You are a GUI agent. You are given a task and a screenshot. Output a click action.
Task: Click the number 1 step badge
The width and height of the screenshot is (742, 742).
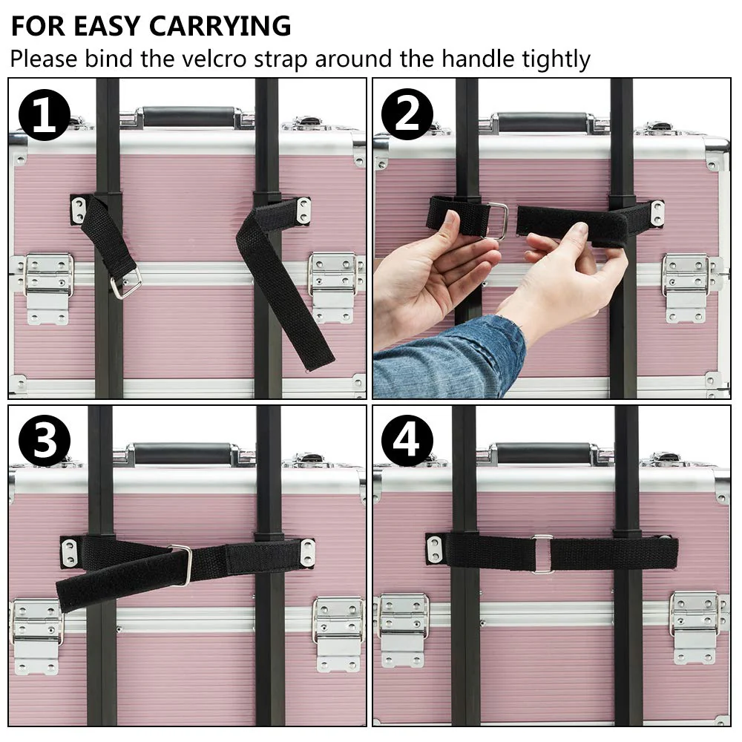pyautogui.click(x=45, y=116)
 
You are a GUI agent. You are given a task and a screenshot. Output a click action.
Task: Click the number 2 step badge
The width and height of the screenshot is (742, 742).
pyautogui.click(x=407, y=115)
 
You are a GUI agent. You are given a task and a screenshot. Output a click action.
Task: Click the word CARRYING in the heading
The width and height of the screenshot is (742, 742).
pyautogui.click(x=220, y=26)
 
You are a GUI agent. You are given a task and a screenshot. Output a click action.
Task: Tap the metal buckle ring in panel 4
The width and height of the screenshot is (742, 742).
pyautogui.click(x=542, y=554)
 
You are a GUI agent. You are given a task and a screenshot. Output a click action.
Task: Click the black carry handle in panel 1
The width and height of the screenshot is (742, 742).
pyautogui.click(x=188, y=116)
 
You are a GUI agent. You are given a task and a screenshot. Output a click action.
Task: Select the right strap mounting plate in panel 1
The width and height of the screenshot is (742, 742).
pyautogui.click(x=303, y=211)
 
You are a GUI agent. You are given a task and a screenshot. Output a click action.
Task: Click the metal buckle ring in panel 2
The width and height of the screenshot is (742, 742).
pyautogui.click(x=498, y=220)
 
